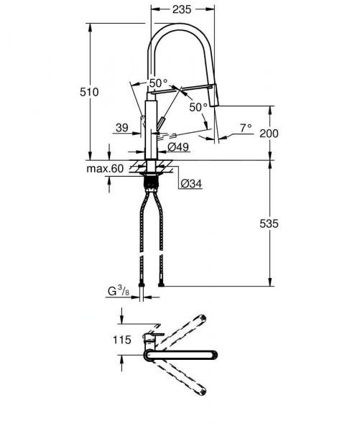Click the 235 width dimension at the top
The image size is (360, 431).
tap(183, 9)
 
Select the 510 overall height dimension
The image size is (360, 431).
tap(89, 92)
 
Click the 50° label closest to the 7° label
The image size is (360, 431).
tap(198, 107)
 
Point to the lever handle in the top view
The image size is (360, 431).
tap(153, 335)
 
